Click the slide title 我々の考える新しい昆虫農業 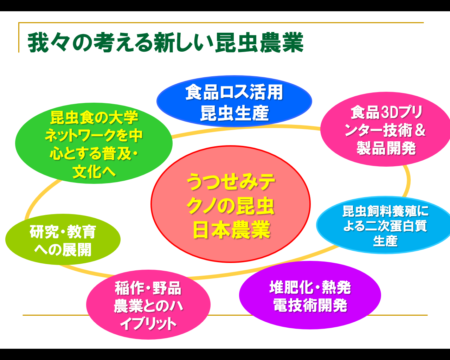coord(165,43)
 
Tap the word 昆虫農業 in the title coord(259,43)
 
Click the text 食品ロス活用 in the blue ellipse coord(234,92)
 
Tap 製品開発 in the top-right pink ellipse coord(386,148)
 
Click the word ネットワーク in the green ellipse coord(81,136)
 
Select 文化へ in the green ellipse coord(94,172)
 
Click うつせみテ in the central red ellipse coord(231,182)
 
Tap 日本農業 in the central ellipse coord(231,230)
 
